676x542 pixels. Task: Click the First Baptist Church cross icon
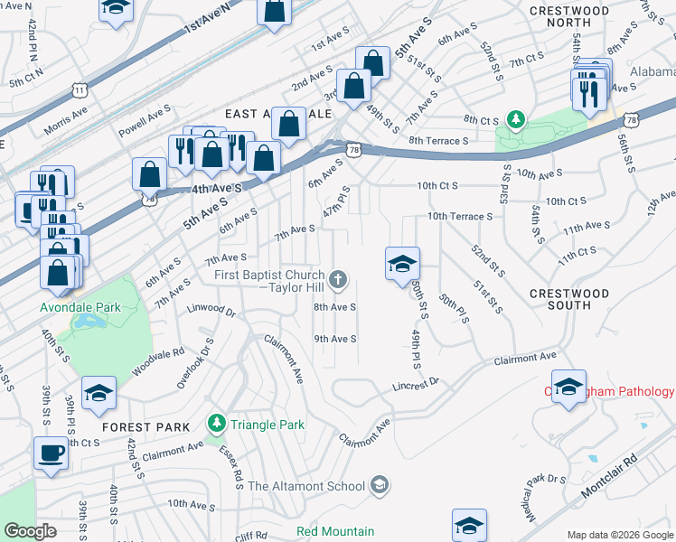tap(339, 279)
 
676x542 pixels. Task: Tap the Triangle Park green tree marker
tap(216, 423)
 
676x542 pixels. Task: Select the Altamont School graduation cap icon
tap(380, 486)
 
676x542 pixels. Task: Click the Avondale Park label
tap(80, 307)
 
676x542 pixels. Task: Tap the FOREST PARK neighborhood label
tap(146, 427)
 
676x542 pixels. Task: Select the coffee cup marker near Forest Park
tap(51, 453)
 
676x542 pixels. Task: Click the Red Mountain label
tap(335, 531)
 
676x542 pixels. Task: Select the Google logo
tap(31, 531)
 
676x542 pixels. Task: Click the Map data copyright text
tap(619, 535)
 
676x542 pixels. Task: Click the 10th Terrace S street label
tap(460, 217)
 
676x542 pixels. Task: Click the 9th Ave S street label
tap(334, 339)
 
